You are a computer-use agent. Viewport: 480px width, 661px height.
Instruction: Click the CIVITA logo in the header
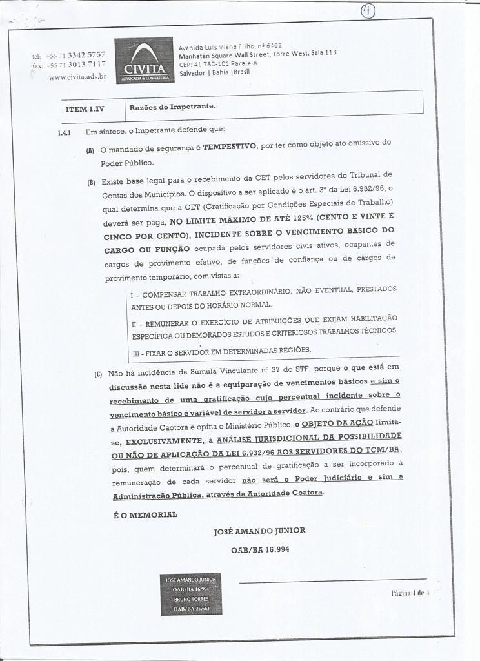143,61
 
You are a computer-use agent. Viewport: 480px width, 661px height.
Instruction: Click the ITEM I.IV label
85,108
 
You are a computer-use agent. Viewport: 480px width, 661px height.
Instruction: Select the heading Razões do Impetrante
172,106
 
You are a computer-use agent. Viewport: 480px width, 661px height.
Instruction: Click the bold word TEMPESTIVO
228,147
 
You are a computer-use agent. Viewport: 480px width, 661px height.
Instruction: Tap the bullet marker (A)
90,150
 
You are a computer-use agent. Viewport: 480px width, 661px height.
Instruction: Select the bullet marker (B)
90,182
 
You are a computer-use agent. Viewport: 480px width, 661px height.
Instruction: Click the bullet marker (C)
98,374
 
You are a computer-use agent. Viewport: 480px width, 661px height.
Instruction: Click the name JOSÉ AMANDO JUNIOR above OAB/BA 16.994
259,531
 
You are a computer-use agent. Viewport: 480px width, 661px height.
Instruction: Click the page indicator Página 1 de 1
410,592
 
